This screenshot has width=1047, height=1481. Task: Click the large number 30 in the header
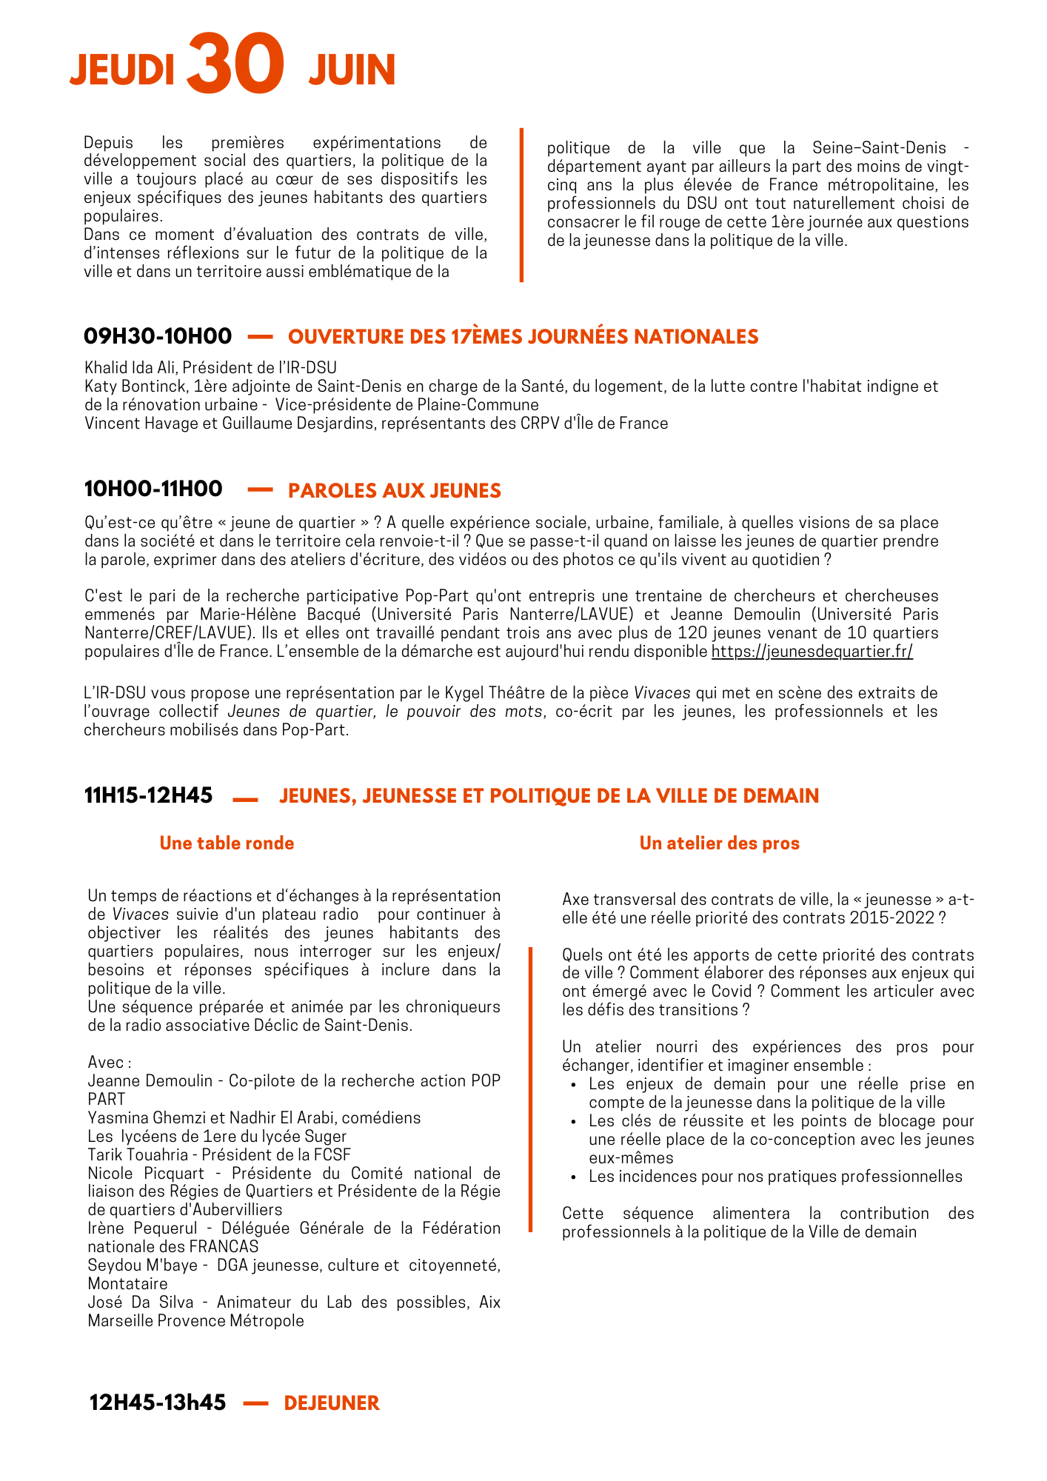[x=235, y=65]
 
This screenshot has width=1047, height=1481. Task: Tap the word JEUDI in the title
[x=122, y=71]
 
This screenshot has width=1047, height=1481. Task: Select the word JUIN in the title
[x=352, y=71]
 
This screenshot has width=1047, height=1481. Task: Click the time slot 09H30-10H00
[x=158, y=336]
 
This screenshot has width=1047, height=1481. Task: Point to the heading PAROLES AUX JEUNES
[x=395, y=490]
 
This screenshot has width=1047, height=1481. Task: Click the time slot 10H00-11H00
[x=153, y=489]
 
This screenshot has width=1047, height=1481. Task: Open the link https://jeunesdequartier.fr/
[x=812, y=652]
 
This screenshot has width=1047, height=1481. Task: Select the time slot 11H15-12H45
[x=148, y=795]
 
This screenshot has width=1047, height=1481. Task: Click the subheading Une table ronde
[x=227, y=843]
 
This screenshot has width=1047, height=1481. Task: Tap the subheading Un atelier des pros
[x=719, y=843]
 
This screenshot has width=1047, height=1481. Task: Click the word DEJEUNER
[x=332, y=1403]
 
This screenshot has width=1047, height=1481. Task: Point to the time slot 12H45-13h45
[x=158, y=1403]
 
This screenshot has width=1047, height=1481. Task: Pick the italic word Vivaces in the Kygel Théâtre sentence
[x=662, y=693]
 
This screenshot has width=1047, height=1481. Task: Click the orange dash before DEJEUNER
[x=255, y=1403]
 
